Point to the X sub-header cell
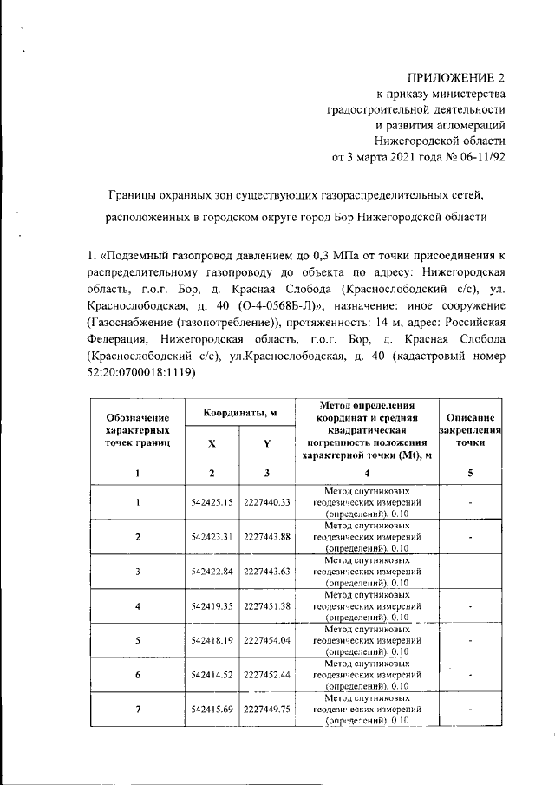pyautogui.click(x=212, y=442)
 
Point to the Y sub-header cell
pyautogui.click(x=267, y=442)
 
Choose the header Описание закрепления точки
pyautogui.click(x=472, y=429)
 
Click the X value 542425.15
pyautogui.click(x=212, y=502)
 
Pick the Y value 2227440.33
pyautogui.click(x=267, y=502)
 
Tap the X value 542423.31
pyautogui.click(x=212, y=537)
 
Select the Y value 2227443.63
pyautogui.click(x=267, y=571)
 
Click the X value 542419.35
pyautogui.click(x=212, y=605)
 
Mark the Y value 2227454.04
pyautogui.click(x=267, y=640)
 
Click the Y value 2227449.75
pyautogui.click(x=267, y=709)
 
